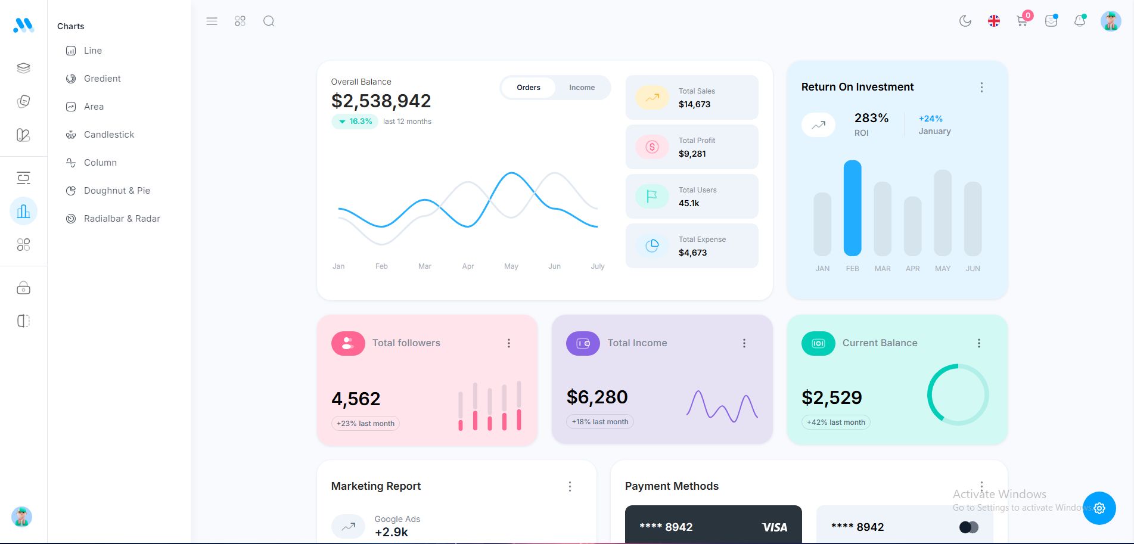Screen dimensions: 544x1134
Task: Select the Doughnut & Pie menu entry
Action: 117,191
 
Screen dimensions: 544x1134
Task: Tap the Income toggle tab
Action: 582,88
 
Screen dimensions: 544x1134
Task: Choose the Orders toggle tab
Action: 528,88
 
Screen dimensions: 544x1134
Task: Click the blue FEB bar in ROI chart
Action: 852,208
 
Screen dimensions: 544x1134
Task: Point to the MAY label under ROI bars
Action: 942,269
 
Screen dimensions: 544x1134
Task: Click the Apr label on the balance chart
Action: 468,266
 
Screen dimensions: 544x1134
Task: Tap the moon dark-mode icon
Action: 965,21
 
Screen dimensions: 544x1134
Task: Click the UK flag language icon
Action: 993,21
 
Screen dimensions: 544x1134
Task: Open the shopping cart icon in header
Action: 1022,21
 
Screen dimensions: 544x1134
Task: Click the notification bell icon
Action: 1079,21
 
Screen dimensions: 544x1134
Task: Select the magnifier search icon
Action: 269,21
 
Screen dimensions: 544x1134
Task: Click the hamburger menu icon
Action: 212,21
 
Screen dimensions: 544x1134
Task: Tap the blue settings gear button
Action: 1099,508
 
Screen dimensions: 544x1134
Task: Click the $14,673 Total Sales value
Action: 694,104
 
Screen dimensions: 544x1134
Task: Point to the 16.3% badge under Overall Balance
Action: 355,122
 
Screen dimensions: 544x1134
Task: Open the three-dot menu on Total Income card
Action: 744,343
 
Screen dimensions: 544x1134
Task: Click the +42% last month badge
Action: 835,422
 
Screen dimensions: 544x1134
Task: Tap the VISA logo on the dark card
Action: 774,527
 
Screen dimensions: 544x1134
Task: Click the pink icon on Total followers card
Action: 348,343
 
